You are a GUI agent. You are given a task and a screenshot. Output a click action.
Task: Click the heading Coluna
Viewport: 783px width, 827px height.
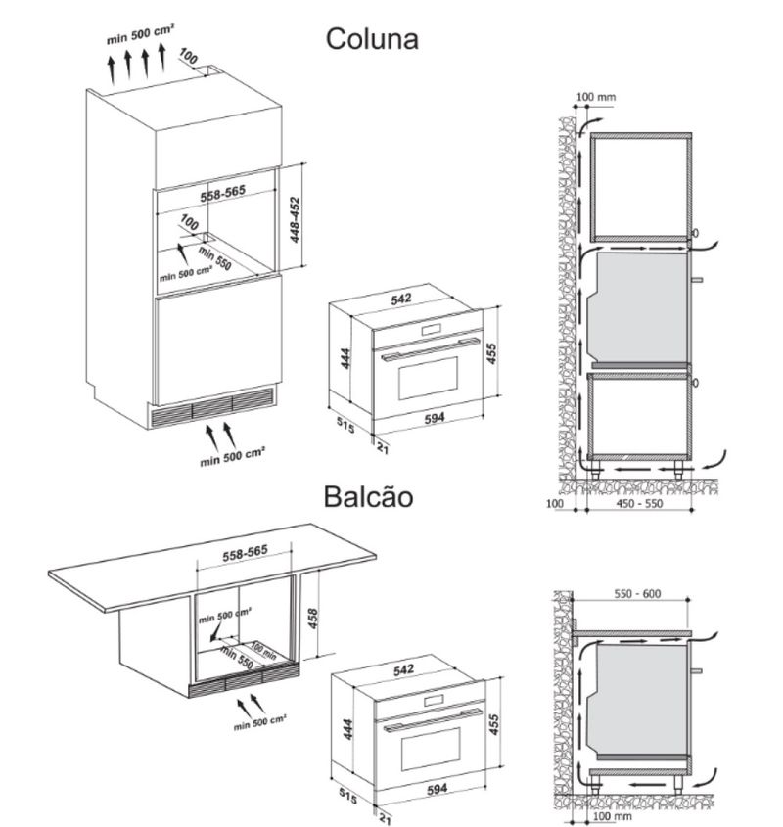pyautogui.click(x=372, y=39)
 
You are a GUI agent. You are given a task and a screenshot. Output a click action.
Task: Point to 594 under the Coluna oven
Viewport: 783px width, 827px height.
pyautogui.click(x=435, y=418)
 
